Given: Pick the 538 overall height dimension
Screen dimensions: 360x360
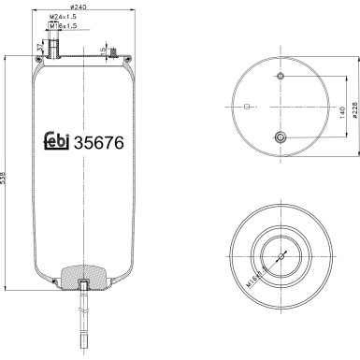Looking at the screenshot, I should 7,177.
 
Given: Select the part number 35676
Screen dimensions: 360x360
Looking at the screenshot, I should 99,142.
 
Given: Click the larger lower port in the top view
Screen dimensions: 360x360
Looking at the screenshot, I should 280,137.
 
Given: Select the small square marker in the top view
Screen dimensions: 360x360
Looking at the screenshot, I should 246,107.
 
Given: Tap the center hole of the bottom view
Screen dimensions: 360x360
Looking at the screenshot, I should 280,252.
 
